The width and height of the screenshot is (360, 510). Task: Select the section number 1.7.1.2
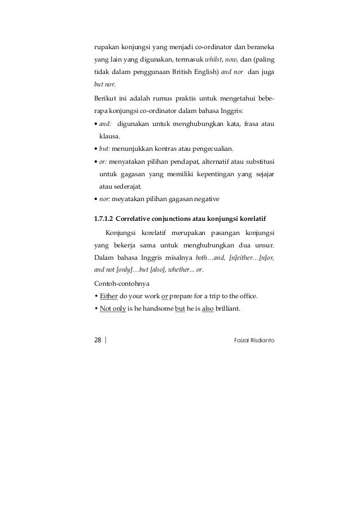pyautogui.click(x=105, y=218)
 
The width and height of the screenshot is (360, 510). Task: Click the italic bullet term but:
pyautogui.click(x=104, y=149)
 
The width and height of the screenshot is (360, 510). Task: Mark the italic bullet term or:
pyautogui.click(x=103, y=162)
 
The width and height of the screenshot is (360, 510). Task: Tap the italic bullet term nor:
pyautogui.click(x=104, y=198)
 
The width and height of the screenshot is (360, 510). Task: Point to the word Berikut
pyautogui.click(x=105, y=99)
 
